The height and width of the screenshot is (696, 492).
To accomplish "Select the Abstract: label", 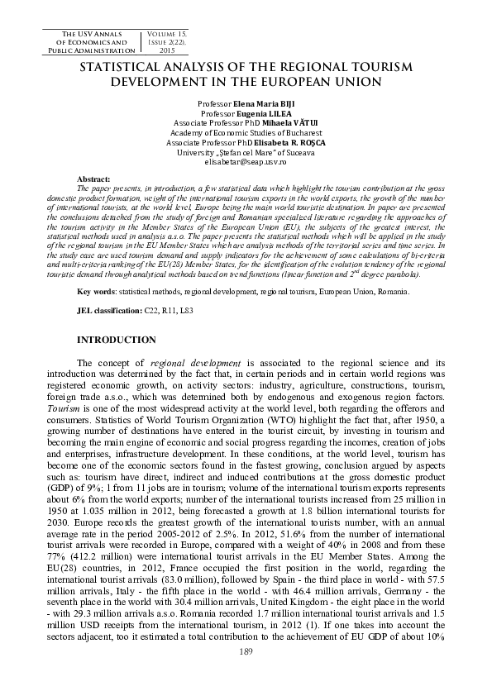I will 93,179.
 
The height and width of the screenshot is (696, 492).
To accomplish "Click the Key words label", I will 95,292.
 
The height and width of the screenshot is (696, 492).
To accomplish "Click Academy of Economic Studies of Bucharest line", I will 246,133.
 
